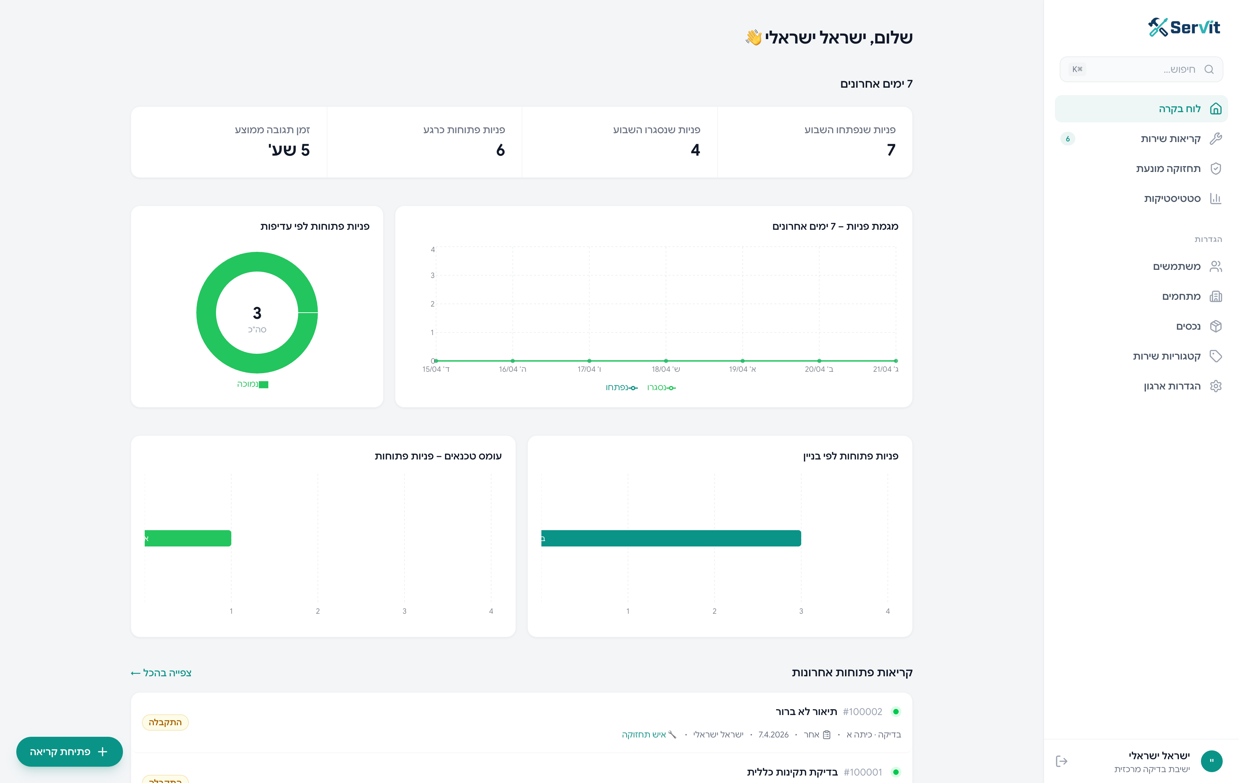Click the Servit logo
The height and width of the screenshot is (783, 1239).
pos(1183,27)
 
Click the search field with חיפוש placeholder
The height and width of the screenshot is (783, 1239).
pos(1141,69)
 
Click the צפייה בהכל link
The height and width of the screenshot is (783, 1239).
pos(161,673)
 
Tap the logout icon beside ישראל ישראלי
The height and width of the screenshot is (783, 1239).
pos(1061,761)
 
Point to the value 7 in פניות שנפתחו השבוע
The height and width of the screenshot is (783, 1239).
pos(891,150)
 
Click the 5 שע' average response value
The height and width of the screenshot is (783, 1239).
pos(289,150)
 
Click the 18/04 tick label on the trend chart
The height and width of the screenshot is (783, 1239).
pos(666,369)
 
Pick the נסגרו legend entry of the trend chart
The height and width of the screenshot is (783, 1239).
pos(662,388)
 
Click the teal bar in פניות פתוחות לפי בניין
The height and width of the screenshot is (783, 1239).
pos(671,538)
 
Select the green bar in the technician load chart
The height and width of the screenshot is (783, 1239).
pos(188,538)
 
